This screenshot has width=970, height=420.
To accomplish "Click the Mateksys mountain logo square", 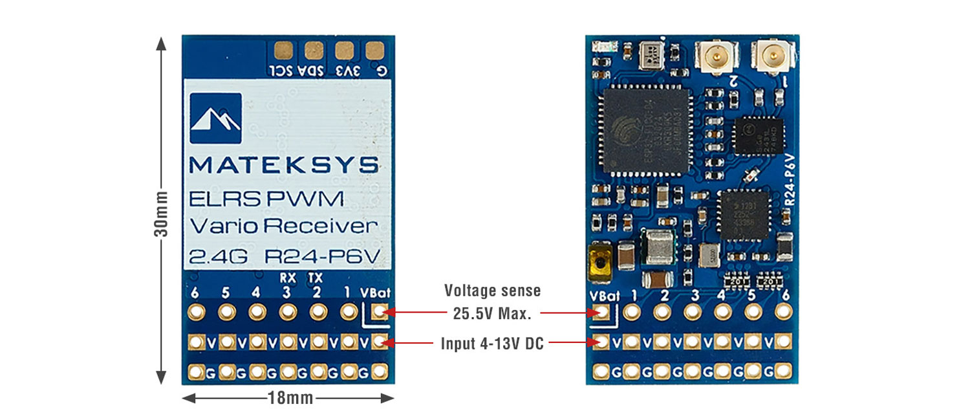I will [216, 118].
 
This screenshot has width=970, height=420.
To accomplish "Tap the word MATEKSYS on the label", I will [284, 165].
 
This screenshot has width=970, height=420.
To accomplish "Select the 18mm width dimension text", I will [290, 398].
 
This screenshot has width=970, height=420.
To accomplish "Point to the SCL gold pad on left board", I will [283, 50].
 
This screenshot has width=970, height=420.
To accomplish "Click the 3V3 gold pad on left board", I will [343, 50].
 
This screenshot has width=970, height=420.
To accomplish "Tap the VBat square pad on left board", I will [380, 312].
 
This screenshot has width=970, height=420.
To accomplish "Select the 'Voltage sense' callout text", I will [492, 291].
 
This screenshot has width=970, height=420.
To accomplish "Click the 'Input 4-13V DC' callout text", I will [492, 344].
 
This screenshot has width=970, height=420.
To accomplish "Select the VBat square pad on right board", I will [601, 313].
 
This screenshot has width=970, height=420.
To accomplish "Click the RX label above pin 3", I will [287, 277].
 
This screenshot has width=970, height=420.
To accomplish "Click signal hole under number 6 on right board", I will [785, 313].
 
